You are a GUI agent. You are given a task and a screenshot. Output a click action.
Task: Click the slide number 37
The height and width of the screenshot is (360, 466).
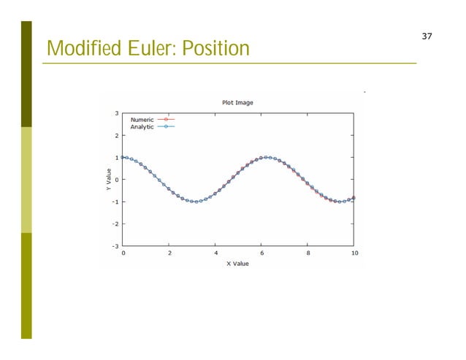(x=427, y=36)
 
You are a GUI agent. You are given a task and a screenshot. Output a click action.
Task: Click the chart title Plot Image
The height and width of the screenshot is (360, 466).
(x=237, y=102)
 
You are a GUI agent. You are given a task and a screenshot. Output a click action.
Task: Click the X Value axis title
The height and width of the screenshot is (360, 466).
(x=237, y=264)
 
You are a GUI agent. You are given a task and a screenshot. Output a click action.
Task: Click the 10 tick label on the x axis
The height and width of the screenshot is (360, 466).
(x=354, y=253)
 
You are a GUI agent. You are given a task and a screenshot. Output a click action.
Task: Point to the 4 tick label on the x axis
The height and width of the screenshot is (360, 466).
(x=215, y=253)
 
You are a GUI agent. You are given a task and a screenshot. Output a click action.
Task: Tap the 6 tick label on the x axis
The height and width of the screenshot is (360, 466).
(x=261, y=253)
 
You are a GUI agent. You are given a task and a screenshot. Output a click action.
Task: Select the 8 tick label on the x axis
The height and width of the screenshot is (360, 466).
(x=308, y=253)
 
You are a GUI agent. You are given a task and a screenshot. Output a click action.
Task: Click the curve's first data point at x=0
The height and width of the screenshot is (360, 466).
(x=123, y=157)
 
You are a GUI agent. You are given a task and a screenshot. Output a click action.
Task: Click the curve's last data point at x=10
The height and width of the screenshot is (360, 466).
(x=354, y=198)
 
